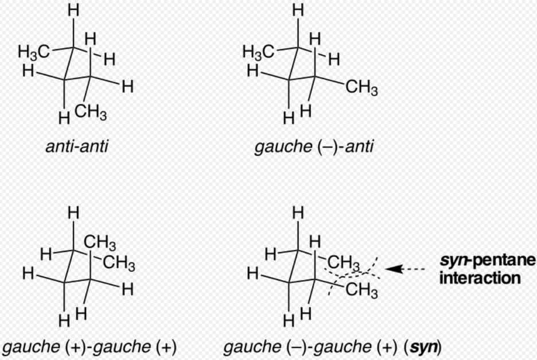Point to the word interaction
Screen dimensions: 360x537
[x=480, y=278]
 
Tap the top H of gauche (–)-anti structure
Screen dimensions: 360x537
[x=297, y=10]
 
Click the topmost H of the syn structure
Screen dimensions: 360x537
[x=297, y=212]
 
